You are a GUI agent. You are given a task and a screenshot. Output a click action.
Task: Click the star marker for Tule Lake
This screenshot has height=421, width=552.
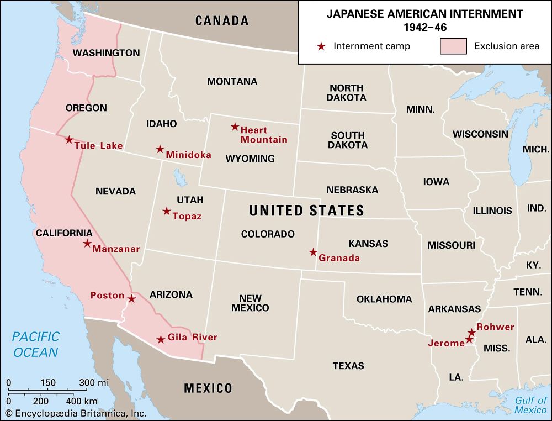click(69, 140)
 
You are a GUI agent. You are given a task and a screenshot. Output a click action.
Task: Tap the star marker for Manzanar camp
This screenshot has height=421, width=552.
click(87, 244)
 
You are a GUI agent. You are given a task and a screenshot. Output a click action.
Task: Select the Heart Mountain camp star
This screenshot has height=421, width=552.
click(235, 127)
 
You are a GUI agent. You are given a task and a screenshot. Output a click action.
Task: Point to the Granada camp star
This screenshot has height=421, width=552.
click(313, 252)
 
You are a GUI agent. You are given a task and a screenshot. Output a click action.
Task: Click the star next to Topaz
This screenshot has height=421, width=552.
click(166, 211)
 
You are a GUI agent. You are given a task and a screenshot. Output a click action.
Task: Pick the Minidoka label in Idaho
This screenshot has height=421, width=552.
click(189, 155)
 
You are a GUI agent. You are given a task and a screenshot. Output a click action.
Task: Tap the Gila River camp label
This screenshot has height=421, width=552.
click(193, 338)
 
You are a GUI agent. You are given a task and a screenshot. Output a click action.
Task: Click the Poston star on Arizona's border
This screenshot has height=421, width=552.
click(131, 299)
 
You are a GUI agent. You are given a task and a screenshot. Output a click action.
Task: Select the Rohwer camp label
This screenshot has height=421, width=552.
click(495, 327)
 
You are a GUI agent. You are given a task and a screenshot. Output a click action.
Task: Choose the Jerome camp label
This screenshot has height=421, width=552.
click(447, 343)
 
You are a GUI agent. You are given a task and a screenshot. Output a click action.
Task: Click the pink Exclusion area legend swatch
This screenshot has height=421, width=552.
click(453, 46)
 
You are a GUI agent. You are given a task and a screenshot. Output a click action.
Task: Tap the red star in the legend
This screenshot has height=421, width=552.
click(321, 46)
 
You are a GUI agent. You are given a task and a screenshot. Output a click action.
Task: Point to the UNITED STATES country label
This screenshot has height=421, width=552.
click(306, 211)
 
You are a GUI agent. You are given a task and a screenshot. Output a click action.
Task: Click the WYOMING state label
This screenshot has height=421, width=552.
click(250, 159)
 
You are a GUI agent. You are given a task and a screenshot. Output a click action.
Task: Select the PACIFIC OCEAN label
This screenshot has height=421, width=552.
click(36, 344)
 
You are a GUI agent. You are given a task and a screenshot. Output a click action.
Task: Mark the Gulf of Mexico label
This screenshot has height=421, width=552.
click(530, 406)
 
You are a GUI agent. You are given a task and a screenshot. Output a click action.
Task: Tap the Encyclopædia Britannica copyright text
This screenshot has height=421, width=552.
click(75, 413)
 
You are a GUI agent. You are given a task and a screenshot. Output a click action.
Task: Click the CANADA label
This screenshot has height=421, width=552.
click(222, 21)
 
